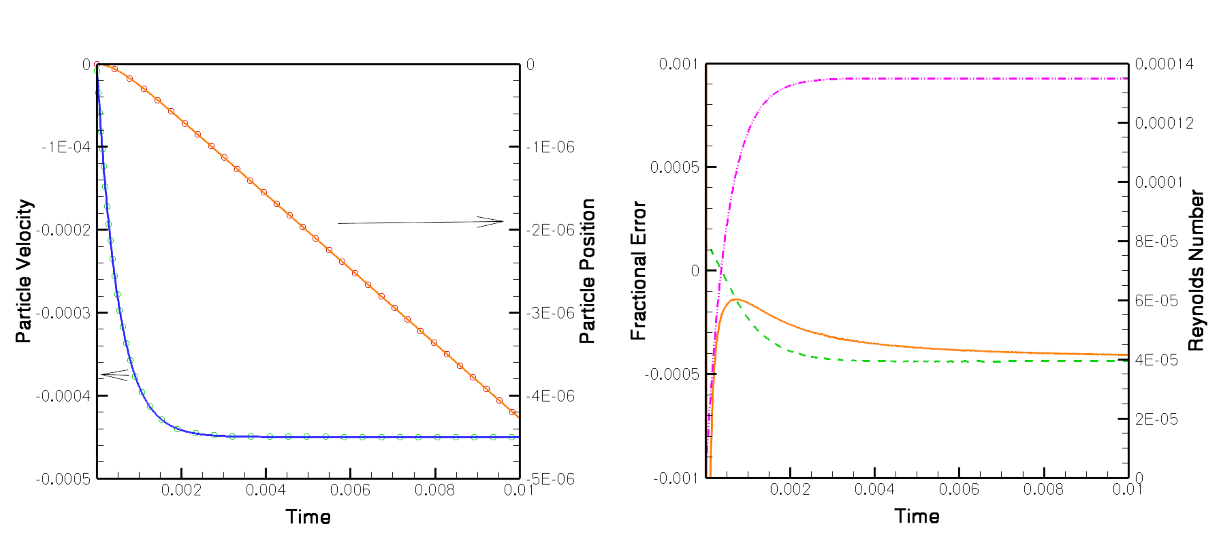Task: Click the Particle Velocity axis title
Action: (x=24, y=271)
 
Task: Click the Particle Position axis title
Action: (x=587, y=271)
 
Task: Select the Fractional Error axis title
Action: (x=638, y=271)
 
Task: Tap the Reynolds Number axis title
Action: (x=1196, y=271)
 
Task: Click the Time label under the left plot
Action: (x=308, y=517)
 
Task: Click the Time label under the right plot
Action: (x=917, y=516)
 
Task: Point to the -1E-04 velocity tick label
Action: (x=66, y=147)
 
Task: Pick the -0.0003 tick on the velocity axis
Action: (x=63, y=313)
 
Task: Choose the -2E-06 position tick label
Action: (x=550, y=230)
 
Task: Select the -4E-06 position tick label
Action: (x=550, y=396)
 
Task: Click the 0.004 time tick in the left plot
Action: (x=266, y=490)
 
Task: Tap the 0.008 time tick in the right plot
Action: (x=1043, y=489)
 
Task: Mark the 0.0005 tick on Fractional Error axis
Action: (x=674, y=167)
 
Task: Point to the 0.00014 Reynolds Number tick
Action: (x=1164, y=64)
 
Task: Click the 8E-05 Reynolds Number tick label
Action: (x=1156, y=242)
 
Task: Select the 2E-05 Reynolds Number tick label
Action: (x=1156, y=419)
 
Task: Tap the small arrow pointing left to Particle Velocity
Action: (x=115, y=374)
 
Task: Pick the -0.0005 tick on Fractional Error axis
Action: (x=671, y=374)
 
